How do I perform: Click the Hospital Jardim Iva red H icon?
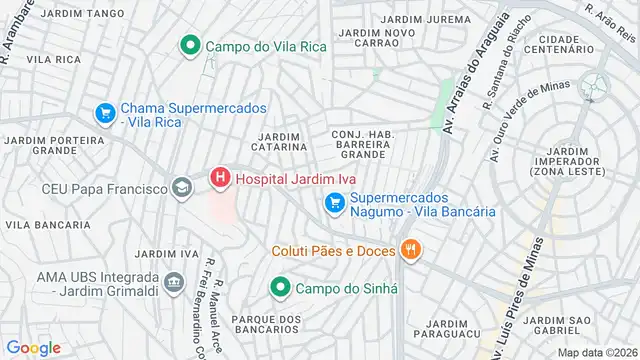(x=220, y=179)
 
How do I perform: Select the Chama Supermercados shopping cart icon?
(x=104, y=114)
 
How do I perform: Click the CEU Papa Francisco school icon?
(x=181, y=187)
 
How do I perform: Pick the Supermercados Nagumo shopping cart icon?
(x=336, y=203)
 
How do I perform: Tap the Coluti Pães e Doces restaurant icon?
(x=408, y=249)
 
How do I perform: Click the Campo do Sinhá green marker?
(x=280, y=289)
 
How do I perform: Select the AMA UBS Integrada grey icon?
(x=174, y=284)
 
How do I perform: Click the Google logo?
(x=33, y=347)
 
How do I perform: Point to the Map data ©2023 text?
(x=595, y=352)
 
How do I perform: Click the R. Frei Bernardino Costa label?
(x=214, y=308)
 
